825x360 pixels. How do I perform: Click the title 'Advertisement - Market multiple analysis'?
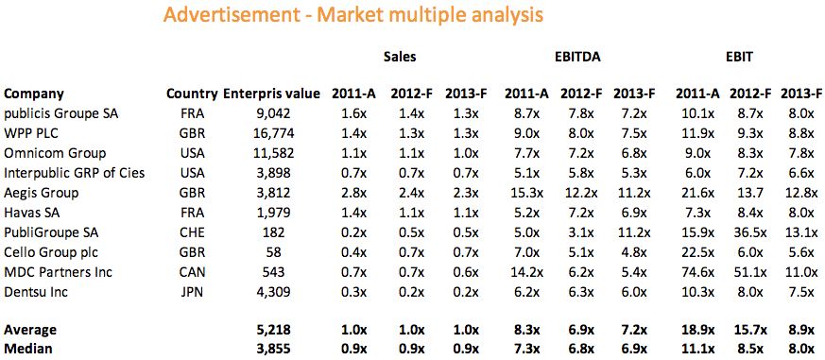(x=353, y=16)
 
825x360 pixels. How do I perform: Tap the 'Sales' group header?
(x=400, y=57)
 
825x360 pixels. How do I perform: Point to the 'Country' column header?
(x=192, y=94)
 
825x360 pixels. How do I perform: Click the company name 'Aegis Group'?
(x=41, y=193)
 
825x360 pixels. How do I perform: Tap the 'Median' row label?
(x=27, y=349)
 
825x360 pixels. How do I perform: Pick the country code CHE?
(x=192, y=232)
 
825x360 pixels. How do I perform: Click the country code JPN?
(x=192, y=292)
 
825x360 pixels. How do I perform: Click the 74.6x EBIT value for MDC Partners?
(x=697, y=272)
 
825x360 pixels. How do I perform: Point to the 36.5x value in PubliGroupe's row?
(x=751, y=232)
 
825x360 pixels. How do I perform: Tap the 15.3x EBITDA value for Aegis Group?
(x=524, y=193)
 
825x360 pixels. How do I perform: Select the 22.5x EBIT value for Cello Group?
(x=697, y=252)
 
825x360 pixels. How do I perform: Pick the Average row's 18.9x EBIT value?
(x=697, y=330)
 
